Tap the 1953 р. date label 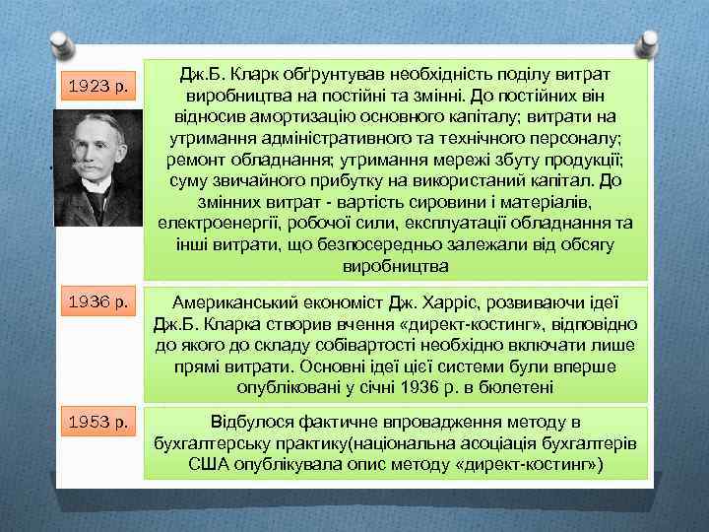click(x=98, y=424)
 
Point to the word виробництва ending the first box click(x=396, y=266)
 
